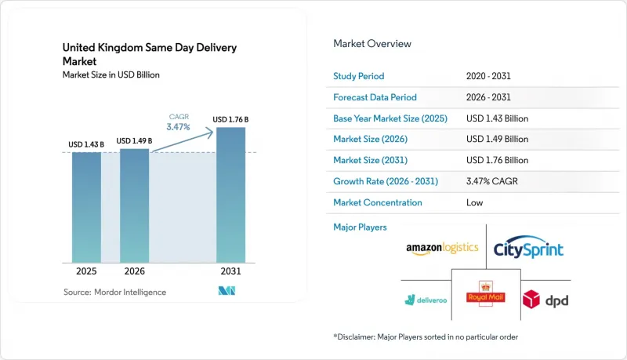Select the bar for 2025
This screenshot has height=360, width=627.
click(86, 207)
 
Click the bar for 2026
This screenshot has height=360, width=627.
click(134, 205)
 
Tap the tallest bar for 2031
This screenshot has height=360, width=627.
click(230, 195)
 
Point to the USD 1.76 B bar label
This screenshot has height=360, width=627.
click(230, 119)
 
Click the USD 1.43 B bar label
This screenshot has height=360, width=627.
click(86, 144)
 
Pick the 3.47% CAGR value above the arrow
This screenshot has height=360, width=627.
click(179, 127)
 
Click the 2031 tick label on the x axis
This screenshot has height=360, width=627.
click(230, 271)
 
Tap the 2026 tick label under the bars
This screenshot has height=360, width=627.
click(134, 271)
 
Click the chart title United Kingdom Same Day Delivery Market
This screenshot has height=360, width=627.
click(150, 54)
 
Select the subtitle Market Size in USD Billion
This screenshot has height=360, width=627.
click(111, 75)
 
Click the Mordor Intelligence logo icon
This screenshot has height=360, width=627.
click(227, 291)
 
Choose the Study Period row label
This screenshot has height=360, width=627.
click(359, 76)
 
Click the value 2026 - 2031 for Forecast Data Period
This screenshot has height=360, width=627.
click(488, 97)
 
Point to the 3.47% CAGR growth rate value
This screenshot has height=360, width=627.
click(492, 181)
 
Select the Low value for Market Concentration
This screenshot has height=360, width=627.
click(475, 202)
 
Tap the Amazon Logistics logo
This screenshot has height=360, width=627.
click(442, 249)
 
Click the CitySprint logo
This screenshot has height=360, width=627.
click(528, 247)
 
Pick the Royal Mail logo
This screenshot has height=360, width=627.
click(486, 294)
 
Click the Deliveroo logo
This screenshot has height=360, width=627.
click(426, 300)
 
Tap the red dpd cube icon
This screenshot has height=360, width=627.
click(531, 300)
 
